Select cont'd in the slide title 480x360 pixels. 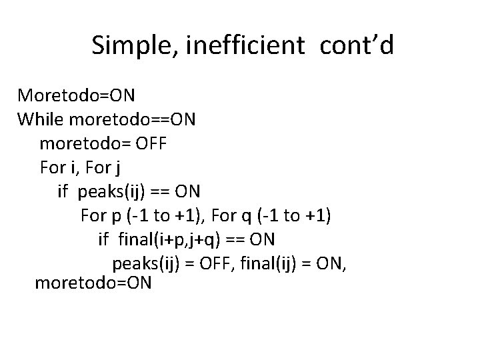[357, 45]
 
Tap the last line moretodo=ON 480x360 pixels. [93, 283]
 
